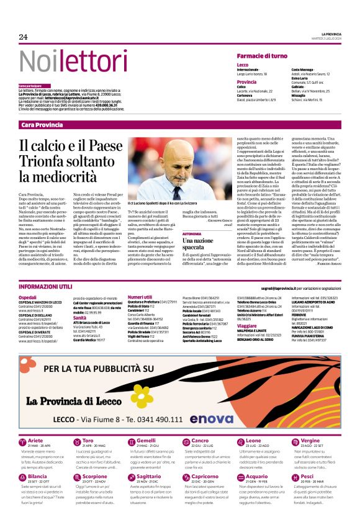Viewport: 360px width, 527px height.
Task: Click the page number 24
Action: [x=24, y=37]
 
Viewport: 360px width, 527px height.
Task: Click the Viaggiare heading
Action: [x=247, y=325]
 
